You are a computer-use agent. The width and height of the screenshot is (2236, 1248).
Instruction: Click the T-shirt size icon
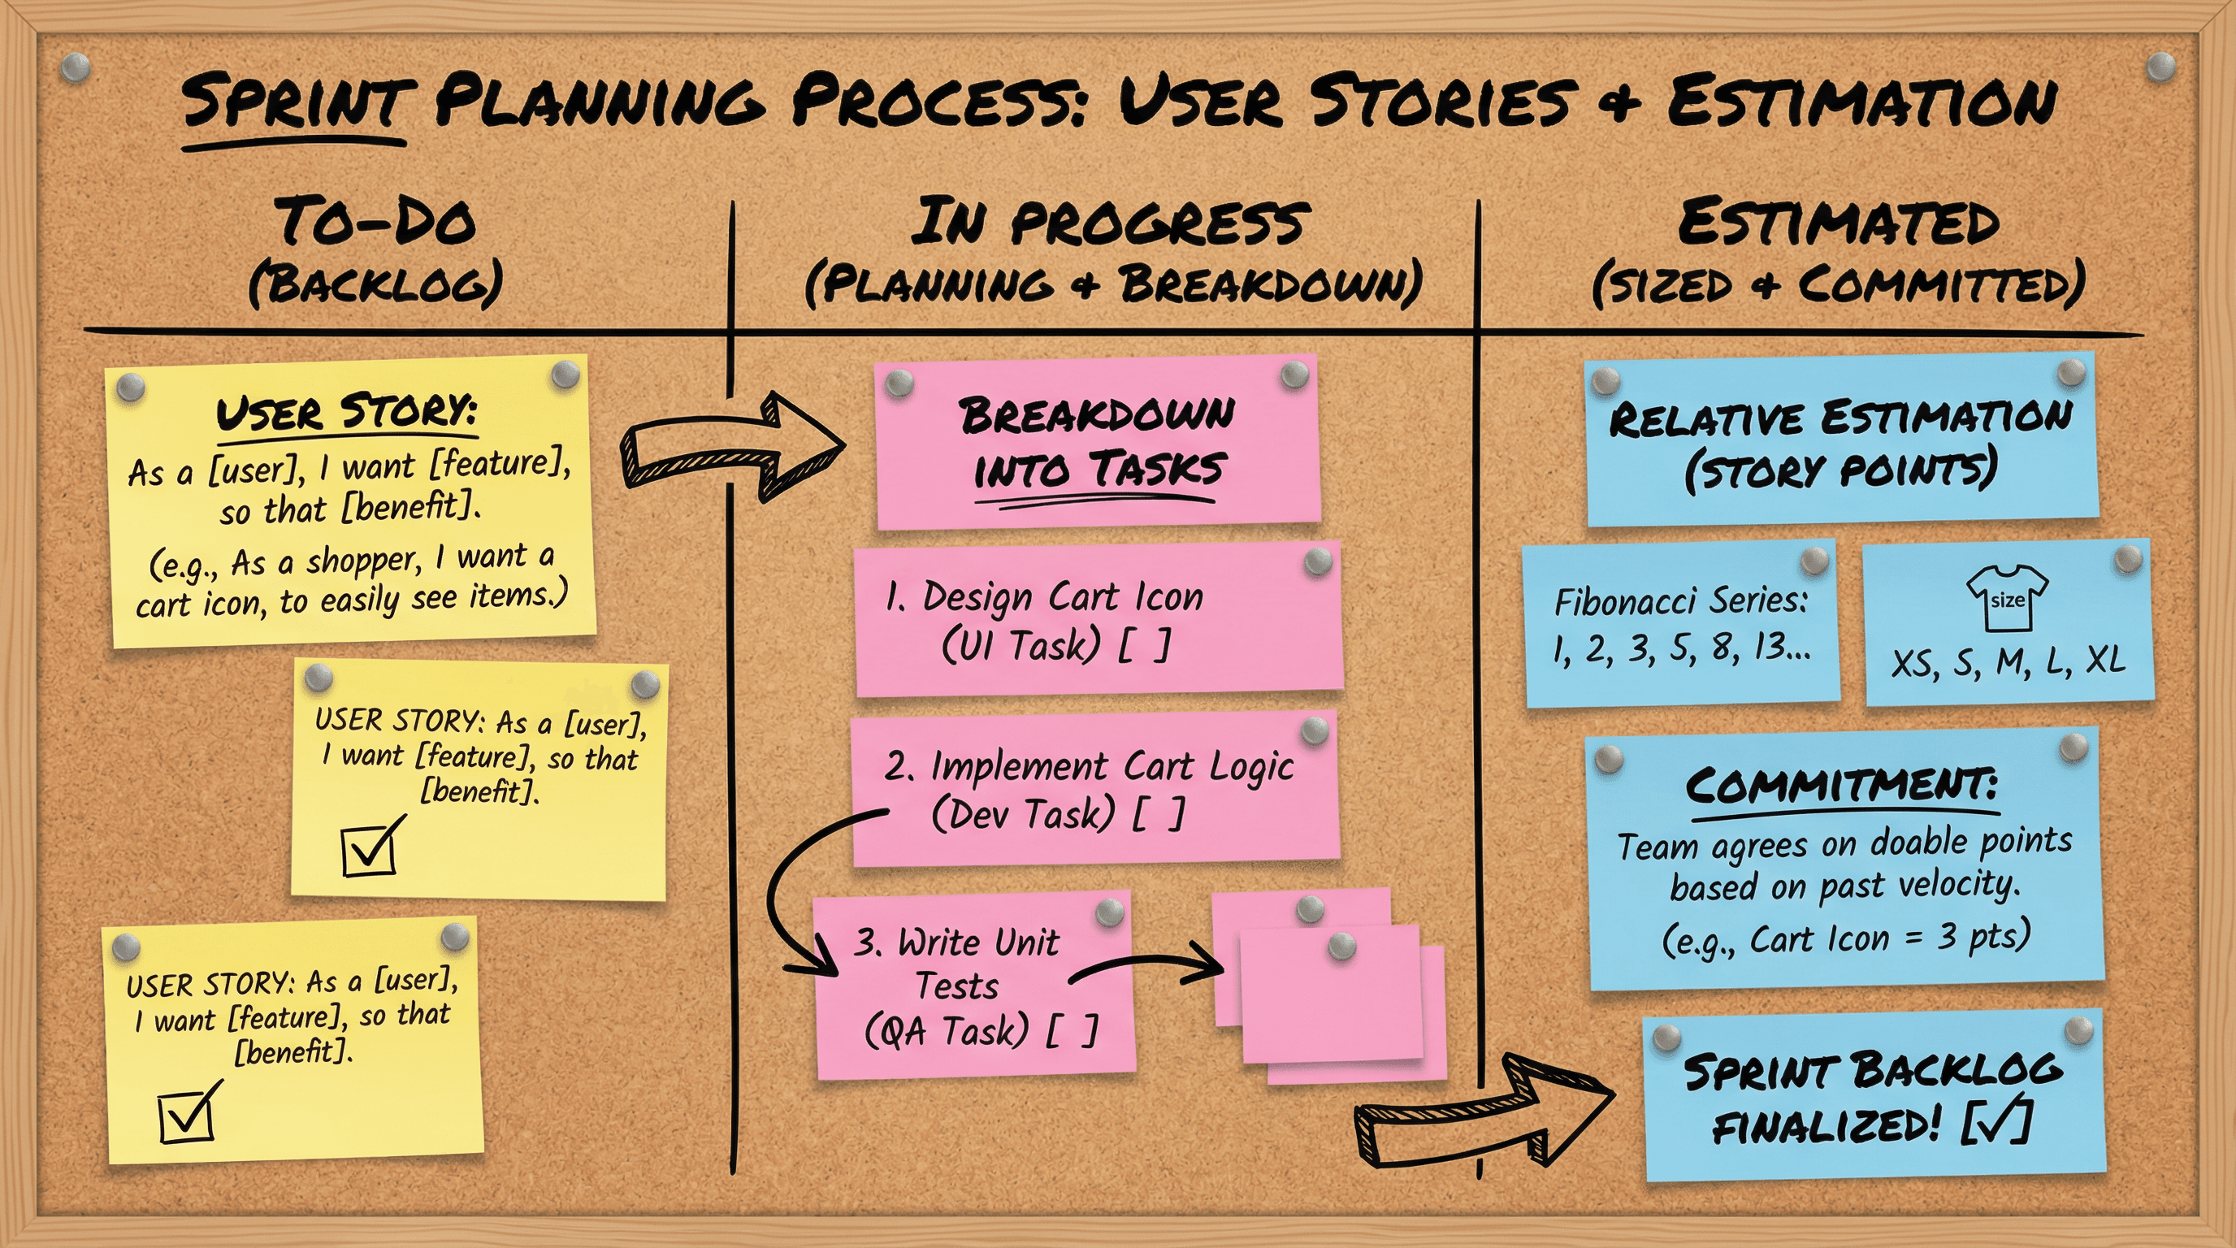[x=2007, y=598]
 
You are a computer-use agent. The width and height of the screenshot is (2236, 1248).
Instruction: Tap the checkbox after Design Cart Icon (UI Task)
[x=1144, y=645]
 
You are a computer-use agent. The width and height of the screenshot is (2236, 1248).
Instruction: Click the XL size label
[x=2105, y=661]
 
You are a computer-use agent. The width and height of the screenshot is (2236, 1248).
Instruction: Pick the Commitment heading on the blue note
[x=1842, y=786]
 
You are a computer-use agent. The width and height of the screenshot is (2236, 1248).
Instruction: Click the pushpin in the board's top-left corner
[x=76, y=66]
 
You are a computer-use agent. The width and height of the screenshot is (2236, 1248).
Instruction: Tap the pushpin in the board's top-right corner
[x=2160, y=66]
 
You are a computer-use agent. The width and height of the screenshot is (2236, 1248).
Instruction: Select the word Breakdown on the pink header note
[x=1097, y=415]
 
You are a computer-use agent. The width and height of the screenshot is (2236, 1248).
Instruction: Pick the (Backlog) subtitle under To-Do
[x=376, y=284]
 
